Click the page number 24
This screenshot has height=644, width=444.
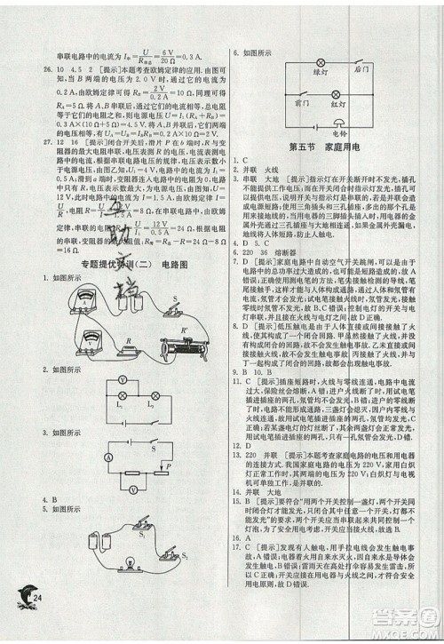click(37, 620)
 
